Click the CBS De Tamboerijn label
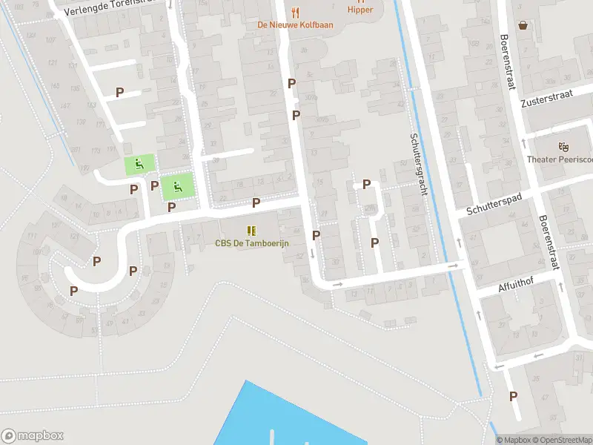(x=251, y=243)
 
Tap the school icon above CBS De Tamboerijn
(x=251, y=230)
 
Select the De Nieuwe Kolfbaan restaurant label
(x=295, y=24)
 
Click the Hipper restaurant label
(x=360, y=10)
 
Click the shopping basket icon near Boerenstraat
(x=524, y=24)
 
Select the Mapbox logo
(x=33, y=436)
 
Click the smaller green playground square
(x=139, y=165)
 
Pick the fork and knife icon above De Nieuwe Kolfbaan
(x=295, y=12)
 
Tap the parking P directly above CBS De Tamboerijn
(x=256, y=202)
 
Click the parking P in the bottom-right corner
(x=513, y=397)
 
